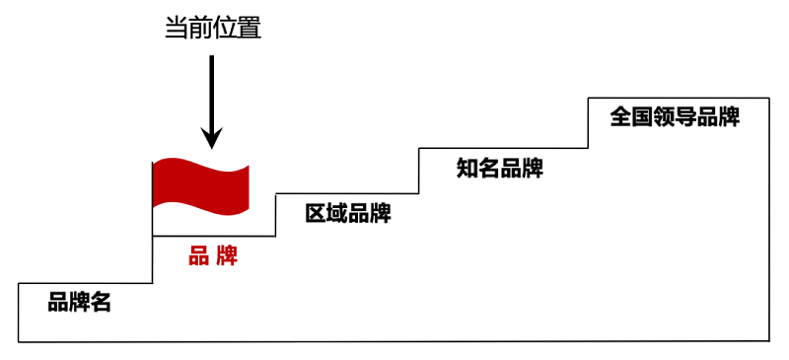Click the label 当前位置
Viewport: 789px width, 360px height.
point(212,29)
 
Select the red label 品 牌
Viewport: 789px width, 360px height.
point(213,257)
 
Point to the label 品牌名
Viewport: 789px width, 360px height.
point(80,302)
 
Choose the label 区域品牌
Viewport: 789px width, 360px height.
point(347,212)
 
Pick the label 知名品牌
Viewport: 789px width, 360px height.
point(500,168)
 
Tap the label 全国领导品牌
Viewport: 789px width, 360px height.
point(675,116)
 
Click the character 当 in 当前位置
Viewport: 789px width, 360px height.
point(176,29)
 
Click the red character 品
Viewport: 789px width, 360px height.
point(198,257)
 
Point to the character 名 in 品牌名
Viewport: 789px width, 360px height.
point(101,302)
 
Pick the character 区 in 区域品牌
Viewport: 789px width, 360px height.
point(316,212)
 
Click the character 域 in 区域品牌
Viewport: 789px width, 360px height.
point(337,212)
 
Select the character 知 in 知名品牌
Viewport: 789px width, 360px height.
point(467,168)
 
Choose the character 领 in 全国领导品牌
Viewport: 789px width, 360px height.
point(664,116)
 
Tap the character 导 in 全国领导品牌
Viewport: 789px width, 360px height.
point(685,116)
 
